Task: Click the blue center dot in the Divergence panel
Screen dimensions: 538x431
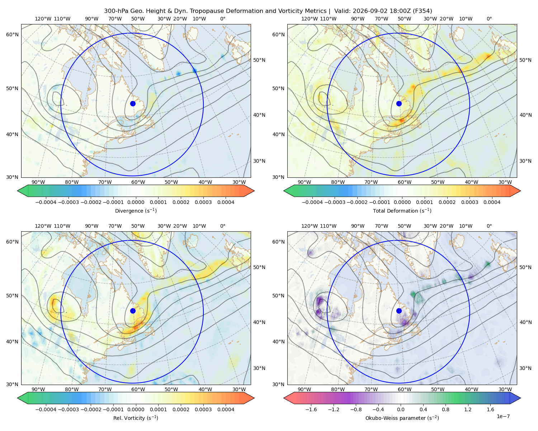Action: (133, 103)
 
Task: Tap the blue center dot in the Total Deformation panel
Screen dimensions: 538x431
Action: (399, 103)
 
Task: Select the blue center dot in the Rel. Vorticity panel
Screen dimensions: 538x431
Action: (133, 311)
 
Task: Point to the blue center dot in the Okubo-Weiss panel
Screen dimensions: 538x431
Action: (399, 311)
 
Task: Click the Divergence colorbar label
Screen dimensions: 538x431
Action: (136, 210)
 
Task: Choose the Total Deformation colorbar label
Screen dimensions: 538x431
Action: (402, 210)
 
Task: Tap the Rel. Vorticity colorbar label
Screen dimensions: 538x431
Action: (136, 418)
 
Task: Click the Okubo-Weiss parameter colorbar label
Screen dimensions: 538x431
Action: (402, 418)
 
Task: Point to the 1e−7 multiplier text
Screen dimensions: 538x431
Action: (503, 416)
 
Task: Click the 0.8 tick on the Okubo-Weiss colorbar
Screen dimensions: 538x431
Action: (445, 409)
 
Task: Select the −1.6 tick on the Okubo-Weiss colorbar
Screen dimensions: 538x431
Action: (311, 409)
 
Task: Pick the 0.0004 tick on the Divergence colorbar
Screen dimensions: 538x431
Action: (226, 202)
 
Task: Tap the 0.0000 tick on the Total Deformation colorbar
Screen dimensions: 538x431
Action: (402, 202)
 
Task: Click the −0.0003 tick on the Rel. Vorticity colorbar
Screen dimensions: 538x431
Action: (68, 409)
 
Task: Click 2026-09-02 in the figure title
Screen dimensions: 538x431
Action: (367, 11)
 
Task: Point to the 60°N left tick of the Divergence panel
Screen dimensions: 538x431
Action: (12, 34)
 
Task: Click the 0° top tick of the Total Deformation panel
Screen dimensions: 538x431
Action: (489, 19)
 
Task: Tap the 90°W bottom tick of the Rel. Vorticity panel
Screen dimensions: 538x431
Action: (38, 389)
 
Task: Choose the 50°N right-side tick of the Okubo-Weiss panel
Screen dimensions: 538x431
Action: (525, 267)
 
